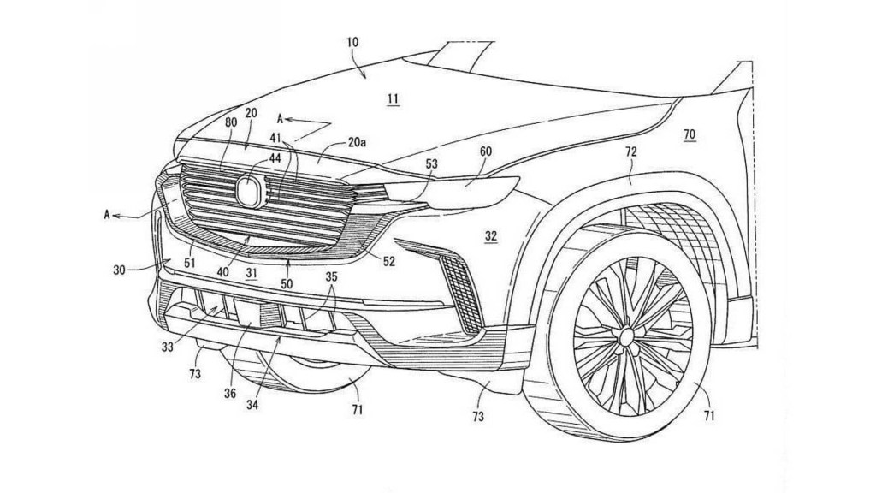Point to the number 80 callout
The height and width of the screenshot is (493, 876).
231,122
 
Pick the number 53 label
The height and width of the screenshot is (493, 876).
432,163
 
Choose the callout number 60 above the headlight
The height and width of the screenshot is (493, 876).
485,151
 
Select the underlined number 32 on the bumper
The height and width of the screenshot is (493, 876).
491,234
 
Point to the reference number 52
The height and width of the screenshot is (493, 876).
389,262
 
